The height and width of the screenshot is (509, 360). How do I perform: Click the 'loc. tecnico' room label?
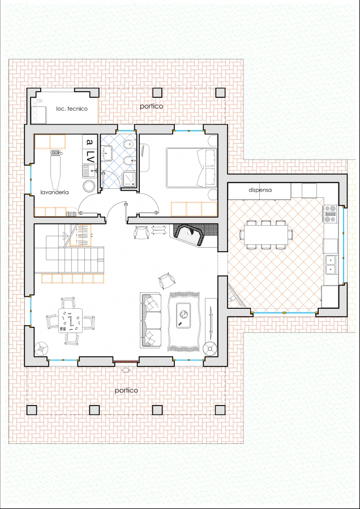72,109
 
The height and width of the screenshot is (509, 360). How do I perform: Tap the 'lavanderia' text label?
54,192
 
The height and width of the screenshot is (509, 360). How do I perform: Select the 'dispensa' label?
260,190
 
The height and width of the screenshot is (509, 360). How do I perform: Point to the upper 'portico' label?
151,106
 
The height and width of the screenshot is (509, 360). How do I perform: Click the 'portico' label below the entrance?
126,390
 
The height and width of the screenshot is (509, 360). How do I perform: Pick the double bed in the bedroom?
191,168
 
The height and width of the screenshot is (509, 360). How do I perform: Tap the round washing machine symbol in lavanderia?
88,186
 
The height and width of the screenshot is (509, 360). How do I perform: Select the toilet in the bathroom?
130,144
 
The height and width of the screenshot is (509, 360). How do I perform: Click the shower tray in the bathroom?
130,179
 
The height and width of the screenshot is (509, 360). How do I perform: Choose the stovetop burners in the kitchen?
331,214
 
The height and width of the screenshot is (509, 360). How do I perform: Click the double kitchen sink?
331,265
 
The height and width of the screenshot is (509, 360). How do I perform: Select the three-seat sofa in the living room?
151,321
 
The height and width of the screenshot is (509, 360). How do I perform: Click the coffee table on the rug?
183,316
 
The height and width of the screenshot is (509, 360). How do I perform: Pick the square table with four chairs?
70,321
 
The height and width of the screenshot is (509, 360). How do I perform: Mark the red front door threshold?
126,361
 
